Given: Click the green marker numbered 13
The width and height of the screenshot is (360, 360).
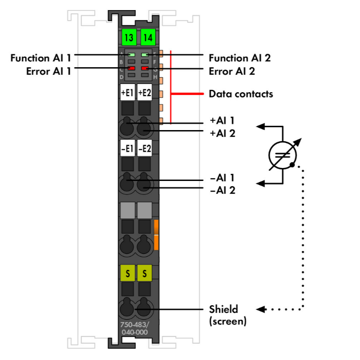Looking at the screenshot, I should pos(128,37).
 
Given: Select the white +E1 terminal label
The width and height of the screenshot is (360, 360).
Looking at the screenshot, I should pos(127,93).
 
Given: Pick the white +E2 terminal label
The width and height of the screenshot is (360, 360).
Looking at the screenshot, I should pos(144,93).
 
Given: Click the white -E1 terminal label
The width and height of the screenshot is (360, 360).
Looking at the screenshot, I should pos(127,149).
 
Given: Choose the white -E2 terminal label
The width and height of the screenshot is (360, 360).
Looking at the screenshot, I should pos(144,149).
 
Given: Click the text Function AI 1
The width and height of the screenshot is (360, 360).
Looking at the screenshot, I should pos(41,58).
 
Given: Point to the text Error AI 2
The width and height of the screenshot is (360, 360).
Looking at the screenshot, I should pos(231,72).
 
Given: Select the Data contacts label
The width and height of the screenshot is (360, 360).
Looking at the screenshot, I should pos(240,94).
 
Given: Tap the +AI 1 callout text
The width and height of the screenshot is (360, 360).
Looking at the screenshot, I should pos(222,120).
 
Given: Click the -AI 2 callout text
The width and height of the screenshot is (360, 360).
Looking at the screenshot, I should pos(222,191).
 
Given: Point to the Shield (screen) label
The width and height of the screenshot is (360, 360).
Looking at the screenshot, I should pos(228,315).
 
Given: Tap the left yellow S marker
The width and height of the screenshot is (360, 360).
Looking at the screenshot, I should pos(127,274).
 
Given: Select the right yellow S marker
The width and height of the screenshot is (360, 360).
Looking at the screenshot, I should pos(144,274).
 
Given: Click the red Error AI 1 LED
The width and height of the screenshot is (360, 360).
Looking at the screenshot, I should pos(131,69).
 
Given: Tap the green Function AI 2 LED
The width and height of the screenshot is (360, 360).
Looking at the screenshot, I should pos(144,56).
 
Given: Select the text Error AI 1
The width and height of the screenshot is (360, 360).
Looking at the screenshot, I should pos(48,72).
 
